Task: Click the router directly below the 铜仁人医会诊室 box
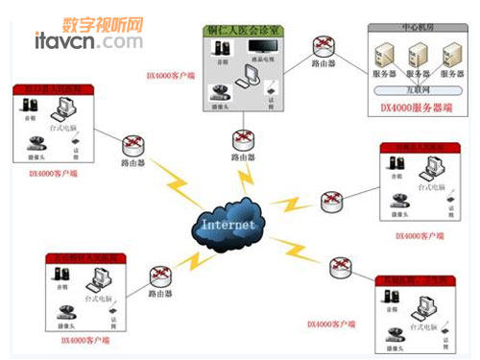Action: (x=242, y=137)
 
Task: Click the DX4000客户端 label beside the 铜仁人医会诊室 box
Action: (x=170, y=74)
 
